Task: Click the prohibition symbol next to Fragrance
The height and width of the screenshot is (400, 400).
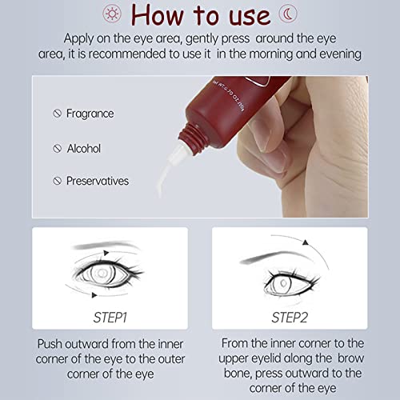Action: tap(57, 114)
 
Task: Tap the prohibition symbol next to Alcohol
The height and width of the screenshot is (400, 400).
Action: tap(57, 147)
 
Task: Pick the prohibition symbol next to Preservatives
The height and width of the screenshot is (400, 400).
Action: tap(57, 181)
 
